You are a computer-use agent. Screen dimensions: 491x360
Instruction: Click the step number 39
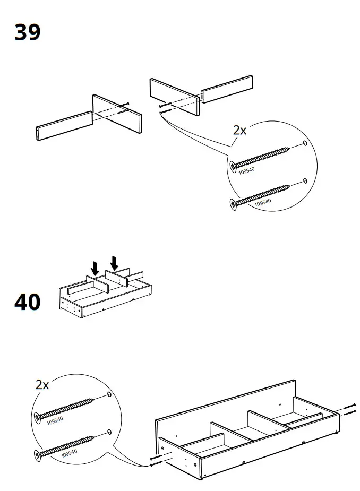27,32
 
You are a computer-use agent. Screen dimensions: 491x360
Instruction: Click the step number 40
27,302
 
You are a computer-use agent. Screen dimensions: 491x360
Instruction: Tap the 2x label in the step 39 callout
239,130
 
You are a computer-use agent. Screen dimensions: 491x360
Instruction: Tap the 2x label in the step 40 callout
42,385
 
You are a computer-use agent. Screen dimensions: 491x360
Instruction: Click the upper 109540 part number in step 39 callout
246,170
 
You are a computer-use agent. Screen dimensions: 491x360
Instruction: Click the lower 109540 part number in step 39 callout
263,202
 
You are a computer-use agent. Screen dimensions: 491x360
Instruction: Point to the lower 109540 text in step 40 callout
70,454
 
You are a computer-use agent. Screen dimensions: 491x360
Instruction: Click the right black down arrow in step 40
114,262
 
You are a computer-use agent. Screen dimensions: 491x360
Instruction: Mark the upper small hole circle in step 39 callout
305,144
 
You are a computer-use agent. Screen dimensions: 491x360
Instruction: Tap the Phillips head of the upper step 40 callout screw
37,418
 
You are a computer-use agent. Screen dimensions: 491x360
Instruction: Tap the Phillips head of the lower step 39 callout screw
233,203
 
